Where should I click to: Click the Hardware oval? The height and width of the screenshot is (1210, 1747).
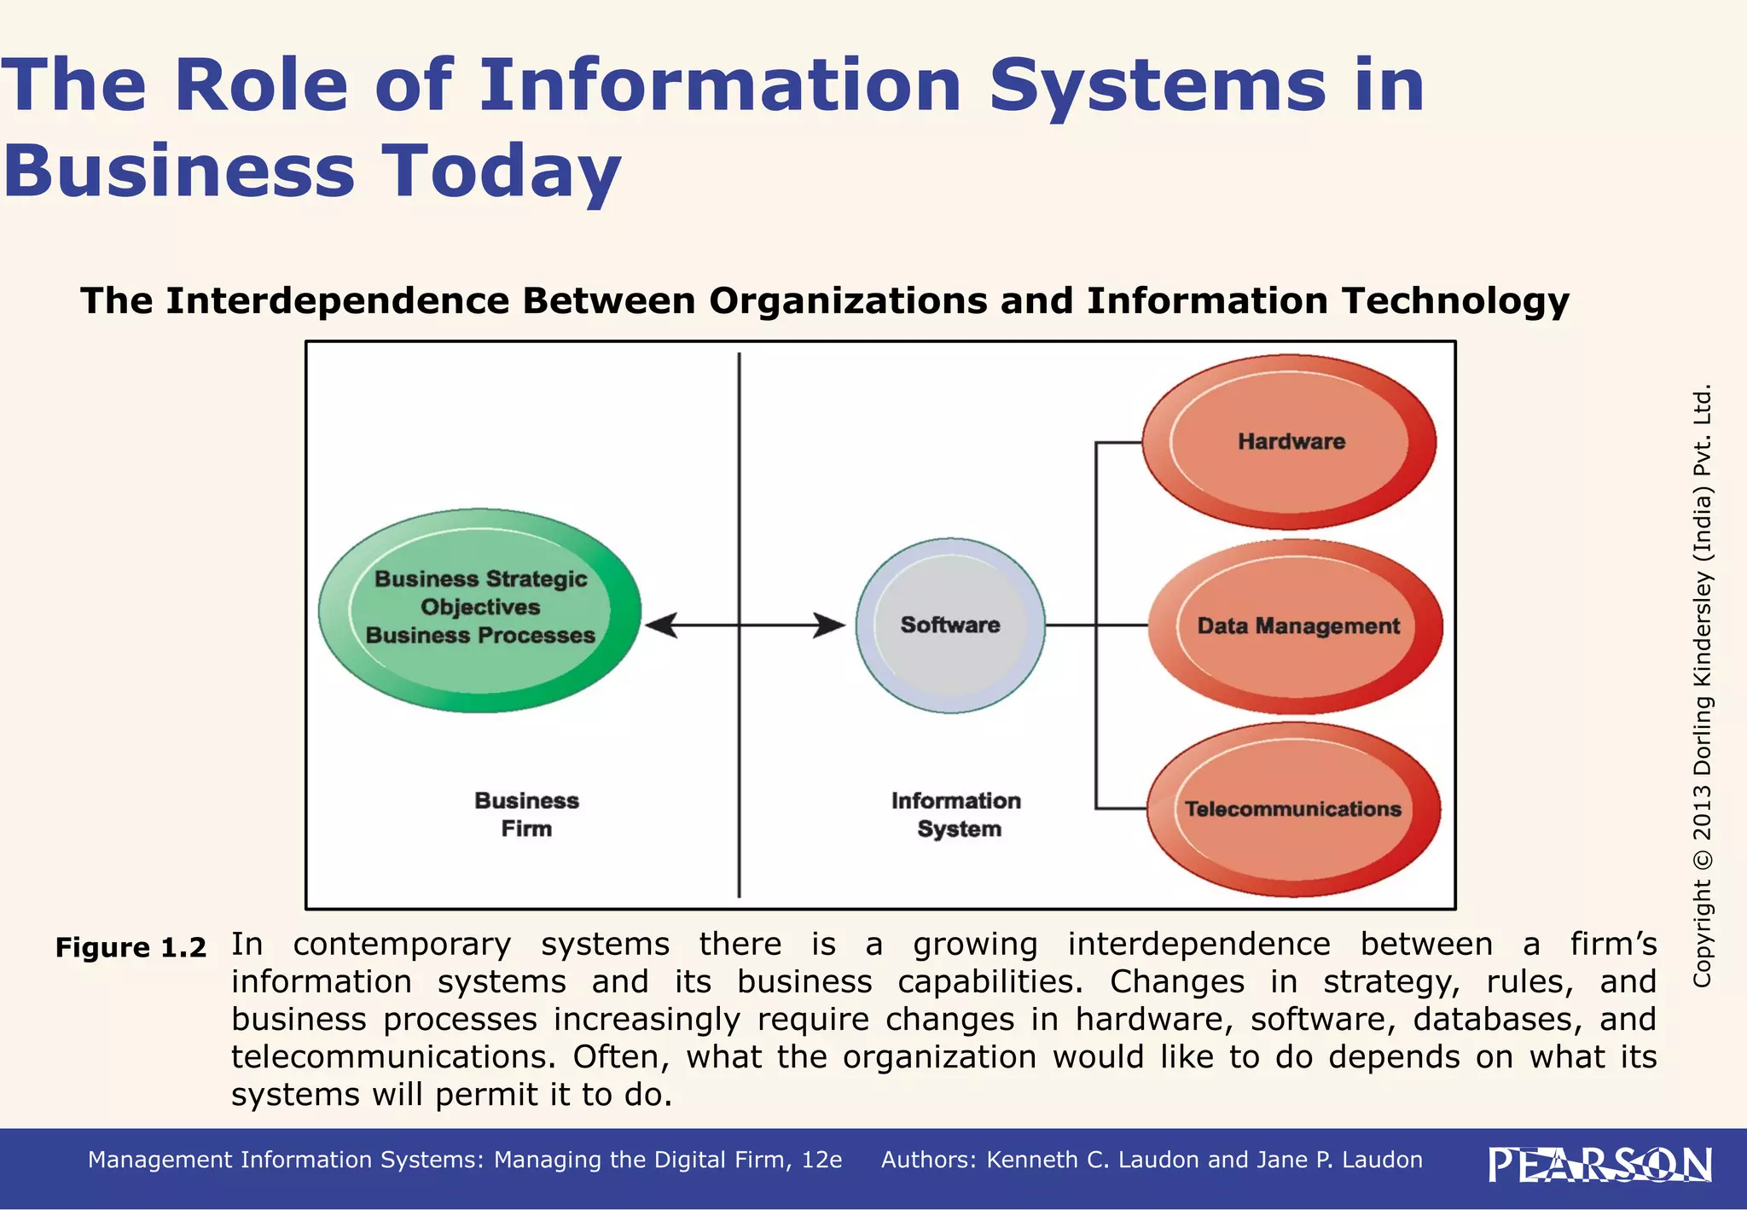click(1290, 442)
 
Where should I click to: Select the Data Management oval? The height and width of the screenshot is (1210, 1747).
click(1297, 626)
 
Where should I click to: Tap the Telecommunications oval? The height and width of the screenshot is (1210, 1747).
click(1293, 809)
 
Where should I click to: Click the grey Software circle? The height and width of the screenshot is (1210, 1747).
click(950, 625)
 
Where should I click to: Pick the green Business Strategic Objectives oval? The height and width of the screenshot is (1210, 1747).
click(480, 609)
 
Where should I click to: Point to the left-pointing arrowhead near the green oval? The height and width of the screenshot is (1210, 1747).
click(662, 625)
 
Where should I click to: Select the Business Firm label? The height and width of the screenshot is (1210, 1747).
click(526, 814)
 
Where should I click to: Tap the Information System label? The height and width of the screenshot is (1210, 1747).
click(957, 814)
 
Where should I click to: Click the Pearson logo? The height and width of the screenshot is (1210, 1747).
click(1599, 1165)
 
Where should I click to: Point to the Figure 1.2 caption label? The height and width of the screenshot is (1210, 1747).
click(131, 948)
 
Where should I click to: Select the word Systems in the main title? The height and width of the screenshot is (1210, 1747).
click(1158, 85)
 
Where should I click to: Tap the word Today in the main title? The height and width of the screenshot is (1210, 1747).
click(501, 171)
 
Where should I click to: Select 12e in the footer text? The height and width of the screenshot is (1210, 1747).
click(821, 1160)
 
